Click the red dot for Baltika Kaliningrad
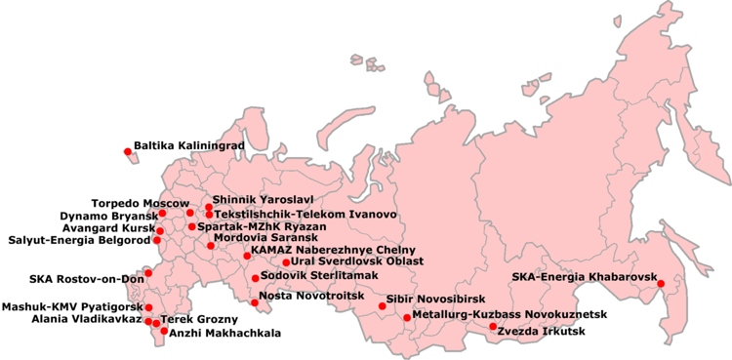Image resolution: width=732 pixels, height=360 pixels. [127, 151]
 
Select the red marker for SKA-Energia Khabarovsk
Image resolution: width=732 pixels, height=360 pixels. [661, 284]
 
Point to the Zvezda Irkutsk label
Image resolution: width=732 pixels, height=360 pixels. [542, 332]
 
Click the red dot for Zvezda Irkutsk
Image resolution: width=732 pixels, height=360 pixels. [493, 327]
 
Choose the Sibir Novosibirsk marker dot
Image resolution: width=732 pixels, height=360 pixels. [383, 306]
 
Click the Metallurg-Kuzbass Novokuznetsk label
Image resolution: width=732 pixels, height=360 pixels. [509, 315]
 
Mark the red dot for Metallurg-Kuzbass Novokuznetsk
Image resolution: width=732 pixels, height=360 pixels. [407, 317]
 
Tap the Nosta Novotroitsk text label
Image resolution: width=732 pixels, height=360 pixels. [304, 295]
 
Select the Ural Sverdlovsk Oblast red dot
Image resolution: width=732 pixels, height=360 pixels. [286, 262]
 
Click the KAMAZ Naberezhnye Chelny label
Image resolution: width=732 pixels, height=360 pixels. [319, 250]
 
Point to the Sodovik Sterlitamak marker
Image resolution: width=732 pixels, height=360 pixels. [255, 278]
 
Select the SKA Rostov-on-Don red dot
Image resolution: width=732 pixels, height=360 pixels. [148, 272]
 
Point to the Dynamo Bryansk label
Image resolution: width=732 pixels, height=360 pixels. [108, 215]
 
